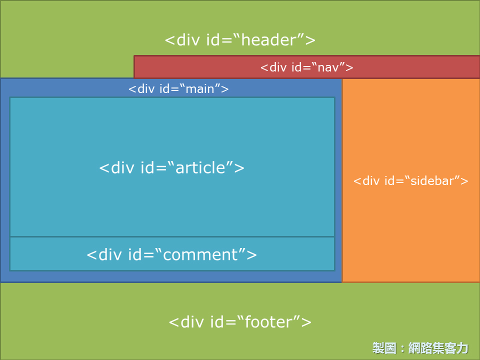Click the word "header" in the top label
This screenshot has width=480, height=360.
[x=269, y=40]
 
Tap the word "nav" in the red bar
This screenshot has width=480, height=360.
[x=328, y=67]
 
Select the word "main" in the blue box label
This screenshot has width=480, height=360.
[x=200, y=89]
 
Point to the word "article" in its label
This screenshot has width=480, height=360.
[x=200, y=168]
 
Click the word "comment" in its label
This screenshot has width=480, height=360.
[x=200, y=255]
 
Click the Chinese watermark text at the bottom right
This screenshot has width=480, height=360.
[x=420, y=348]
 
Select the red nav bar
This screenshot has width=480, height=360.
[x=306, y=67]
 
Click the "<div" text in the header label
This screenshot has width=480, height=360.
[x=182, y=40]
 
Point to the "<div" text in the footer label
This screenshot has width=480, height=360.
[x=186, y=322]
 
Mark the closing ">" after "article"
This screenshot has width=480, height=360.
[x=239, y=168]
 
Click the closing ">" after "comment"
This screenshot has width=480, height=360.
[x=251, y=255]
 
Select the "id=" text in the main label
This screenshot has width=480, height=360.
[x=169, y=89]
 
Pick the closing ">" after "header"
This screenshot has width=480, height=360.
[x=310, y=40]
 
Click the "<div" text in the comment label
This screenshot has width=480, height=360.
[x=104, y=255]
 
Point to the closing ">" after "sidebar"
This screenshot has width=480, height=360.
[x=464, y=181]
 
